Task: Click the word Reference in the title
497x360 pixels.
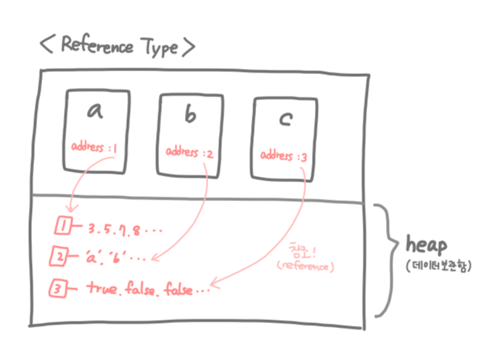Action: (97, 46)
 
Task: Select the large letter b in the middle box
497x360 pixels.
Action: (190, 115)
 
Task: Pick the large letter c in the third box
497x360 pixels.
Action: (284, 120)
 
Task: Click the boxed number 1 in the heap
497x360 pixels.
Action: (63, 228)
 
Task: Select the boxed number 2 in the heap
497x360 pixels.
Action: (62, 256)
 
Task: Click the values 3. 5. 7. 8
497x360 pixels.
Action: (120, 230)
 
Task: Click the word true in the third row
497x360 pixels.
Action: (102, 287)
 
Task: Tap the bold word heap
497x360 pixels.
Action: (428, 244)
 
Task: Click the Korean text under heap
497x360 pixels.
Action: (438, 266)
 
